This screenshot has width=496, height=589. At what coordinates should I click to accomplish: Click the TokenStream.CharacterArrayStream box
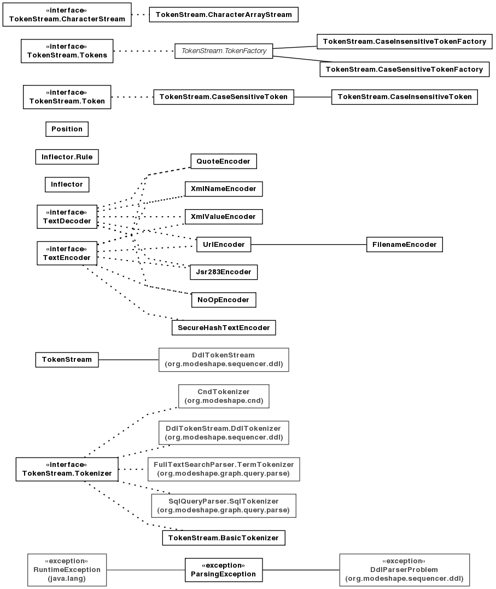pos(224,15)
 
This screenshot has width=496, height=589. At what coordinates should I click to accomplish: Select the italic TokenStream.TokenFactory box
pos(224,51)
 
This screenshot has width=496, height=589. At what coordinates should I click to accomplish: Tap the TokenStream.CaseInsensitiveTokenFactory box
pos(405,41)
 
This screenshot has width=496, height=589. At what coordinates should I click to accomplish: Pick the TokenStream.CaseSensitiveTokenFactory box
pos(405,69)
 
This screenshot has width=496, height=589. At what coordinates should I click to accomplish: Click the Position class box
pos(67,129)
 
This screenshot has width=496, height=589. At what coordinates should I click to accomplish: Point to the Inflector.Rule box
pos(67,157)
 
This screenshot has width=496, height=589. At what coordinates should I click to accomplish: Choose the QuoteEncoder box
pos(224,161)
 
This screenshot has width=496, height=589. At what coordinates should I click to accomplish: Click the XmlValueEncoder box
pos(224,217)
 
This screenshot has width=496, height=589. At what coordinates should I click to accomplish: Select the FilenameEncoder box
pos(405,245)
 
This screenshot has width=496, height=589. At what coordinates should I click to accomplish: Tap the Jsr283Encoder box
pos(224,272)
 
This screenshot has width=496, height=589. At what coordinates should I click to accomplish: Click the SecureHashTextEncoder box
pos(224,327)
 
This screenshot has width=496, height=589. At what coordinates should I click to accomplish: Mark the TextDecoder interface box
pos(67,217)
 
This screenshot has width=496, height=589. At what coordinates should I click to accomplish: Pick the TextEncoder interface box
pos(67,253)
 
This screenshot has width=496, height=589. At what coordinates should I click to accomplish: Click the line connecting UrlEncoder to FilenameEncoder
pos(309,245)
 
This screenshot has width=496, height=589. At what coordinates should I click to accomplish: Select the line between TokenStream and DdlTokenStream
pos(129,360)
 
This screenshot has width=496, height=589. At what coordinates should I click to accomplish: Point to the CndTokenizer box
pos(224,396)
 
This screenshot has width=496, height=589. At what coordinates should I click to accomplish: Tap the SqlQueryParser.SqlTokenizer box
pos(224,506)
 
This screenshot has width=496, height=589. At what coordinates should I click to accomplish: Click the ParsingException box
pos(224,570)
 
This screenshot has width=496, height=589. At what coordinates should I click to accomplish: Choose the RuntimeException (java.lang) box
pos(67,570)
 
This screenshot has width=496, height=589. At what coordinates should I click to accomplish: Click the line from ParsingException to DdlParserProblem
pos(301,570)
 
